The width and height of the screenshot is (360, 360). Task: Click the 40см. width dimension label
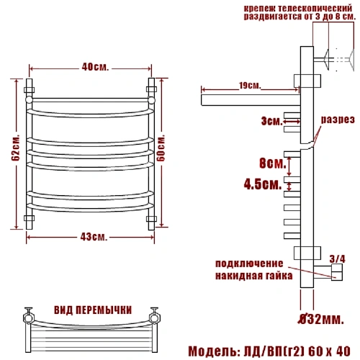pos(95,67)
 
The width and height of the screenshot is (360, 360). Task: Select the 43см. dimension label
pos(94,237)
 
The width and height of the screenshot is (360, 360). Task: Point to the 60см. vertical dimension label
pos(162,148)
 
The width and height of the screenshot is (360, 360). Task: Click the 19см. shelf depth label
pos(250,86)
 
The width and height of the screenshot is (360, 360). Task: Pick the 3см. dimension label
pos(272,121)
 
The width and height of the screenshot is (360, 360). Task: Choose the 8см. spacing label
pos(273,163)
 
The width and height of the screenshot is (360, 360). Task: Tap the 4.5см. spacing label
pos(263,185)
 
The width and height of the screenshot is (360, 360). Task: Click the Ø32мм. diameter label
pos(321,319)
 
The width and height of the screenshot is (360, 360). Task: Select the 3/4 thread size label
pos(337,259)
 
